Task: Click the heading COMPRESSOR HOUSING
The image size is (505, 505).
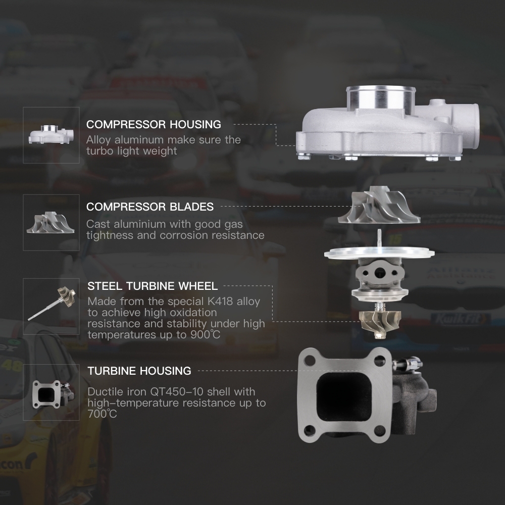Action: coord(154,124)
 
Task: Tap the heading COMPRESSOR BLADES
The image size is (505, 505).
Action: coord(150,207)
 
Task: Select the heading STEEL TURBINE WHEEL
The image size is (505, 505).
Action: coord(153,286)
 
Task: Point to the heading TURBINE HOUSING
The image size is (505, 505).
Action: coord(139,371)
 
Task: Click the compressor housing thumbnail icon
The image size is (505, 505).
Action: coord(51,134)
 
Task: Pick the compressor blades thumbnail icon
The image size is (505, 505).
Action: coord(50,222)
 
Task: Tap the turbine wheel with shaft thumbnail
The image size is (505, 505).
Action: coord(52,304)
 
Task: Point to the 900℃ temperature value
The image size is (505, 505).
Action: coord(205,335)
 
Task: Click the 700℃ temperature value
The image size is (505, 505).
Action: coord(102,414)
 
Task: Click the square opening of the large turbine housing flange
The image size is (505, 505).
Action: coord(344,397)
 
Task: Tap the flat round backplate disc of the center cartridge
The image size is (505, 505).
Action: coord(379,252)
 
